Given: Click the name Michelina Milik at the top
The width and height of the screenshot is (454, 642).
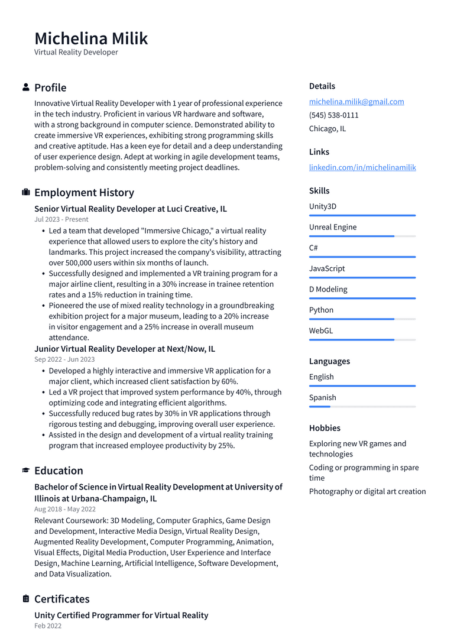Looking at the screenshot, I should pyautogui.click(x=91, y=38).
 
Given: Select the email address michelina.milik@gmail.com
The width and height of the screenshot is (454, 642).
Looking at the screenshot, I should pyautogui.click(x=356, y=102).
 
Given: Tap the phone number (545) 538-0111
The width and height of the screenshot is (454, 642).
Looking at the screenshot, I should pyautogui.click(x=333, y=115).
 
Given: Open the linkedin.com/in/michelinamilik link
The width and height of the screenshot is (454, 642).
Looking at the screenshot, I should pyautogui.click(x=362, y=167).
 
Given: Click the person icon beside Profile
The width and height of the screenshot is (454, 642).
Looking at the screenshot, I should pyautogui.click(x=26, y=87).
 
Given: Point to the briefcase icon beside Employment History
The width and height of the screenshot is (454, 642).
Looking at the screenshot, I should pyautogui.click(x=26, y=193).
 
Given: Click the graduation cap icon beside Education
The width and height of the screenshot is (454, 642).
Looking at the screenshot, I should pyautogui.click(x=26, y=471).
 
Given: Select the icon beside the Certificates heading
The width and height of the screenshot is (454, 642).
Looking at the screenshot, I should pyautogui.click(x=26, y=599).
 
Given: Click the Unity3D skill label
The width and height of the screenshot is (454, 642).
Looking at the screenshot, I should pyautogui.click(x=323, y=206).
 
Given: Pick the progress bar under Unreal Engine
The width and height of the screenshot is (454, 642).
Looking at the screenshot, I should pyautogui.click(x=362, y=236).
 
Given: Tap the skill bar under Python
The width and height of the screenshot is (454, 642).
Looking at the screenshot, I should pyautogui.click(x=362, y=319).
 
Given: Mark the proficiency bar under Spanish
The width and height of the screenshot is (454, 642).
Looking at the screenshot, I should pyautogui.click(x=362, y=407).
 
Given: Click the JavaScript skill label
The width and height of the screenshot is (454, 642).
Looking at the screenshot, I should pyautogui.click(x=327, y=268).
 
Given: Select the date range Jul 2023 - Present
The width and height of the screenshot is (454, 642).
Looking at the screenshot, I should pyautogui.click(x=61, y=219).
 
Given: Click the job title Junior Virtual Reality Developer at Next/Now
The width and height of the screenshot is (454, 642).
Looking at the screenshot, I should pyautogui.click(x=125, y=349).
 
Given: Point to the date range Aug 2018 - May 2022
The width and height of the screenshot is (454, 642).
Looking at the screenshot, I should pyautogui.click(x=65, y=509).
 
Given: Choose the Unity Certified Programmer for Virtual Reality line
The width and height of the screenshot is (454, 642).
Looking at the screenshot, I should pyautogui.click(x=121, y=615).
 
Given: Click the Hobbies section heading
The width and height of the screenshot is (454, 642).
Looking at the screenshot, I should pyautogui.click(x=325, y=428).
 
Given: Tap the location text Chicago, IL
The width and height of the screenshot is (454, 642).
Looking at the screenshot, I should pyautogui.click(x=327, y=129).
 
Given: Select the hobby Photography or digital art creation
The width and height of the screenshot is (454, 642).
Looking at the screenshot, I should pyautogui.click(x=367, y=491).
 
